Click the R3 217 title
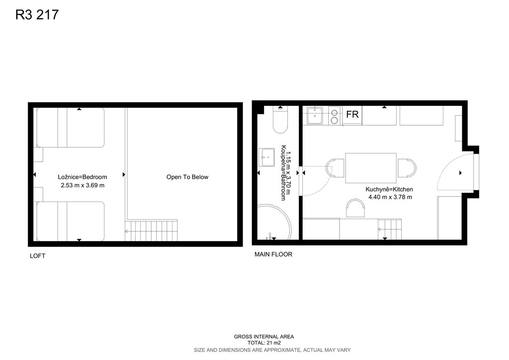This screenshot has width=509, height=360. pos(37,14)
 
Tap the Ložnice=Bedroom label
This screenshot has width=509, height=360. pos(83,177)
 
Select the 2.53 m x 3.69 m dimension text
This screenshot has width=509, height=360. pos(83,185)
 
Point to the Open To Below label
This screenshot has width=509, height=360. pos(187,177)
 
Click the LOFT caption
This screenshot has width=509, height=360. pos(37,256)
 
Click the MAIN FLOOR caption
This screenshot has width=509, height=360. pos(273,255)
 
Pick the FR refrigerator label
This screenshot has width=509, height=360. pos(352,114)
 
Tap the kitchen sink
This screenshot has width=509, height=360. pos(315,115)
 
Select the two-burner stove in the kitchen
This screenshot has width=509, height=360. pos(334,116)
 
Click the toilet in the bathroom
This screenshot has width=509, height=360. pos(280,120)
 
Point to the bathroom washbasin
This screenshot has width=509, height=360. pos(266,158)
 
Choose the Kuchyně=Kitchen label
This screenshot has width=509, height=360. pos(389,189)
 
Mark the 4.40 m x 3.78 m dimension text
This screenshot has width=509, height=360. pos(390,197)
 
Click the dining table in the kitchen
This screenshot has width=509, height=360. pos(371,168)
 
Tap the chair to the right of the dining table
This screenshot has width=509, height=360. pos(407,168)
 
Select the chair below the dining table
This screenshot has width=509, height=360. pos(355,208)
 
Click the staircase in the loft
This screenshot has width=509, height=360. pos(151,231)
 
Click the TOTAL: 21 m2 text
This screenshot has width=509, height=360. pos(264,343)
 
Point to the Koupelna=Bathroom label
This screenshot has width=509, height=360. pos(283,173)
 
